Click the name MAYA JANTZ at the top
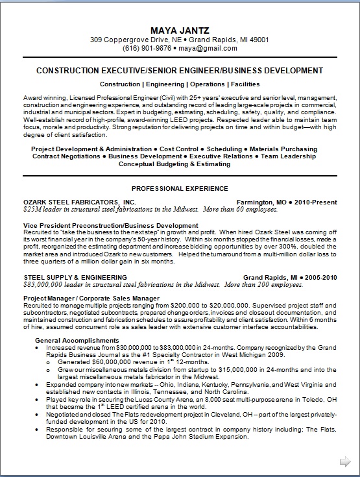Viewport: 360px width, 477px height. coord(180,30)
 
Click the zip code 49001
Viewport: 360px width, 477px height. coord(258,40)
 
